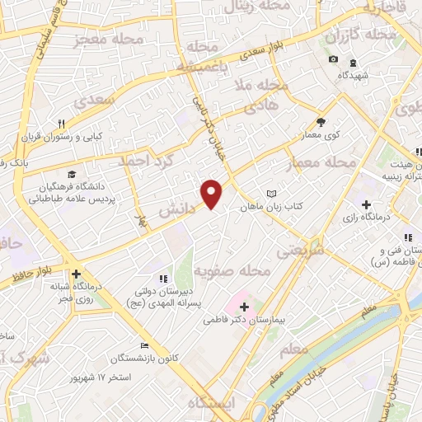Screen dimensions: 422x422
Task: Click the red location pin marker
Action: (213, 193)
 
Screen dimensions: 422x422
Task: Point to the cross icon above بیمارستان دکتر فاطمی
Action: (243, 307)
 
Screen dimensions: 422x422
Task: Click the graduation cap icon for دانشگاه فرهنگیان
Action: (72, 175)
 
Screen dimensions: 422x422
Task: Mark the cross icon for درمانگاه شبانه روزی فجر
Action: (76, 274)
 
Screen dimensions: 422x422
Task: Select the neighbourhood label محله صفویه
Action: (233, 271)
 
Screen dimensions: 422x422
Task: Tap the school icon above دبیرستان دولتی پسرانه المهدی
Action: (162, 279)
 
